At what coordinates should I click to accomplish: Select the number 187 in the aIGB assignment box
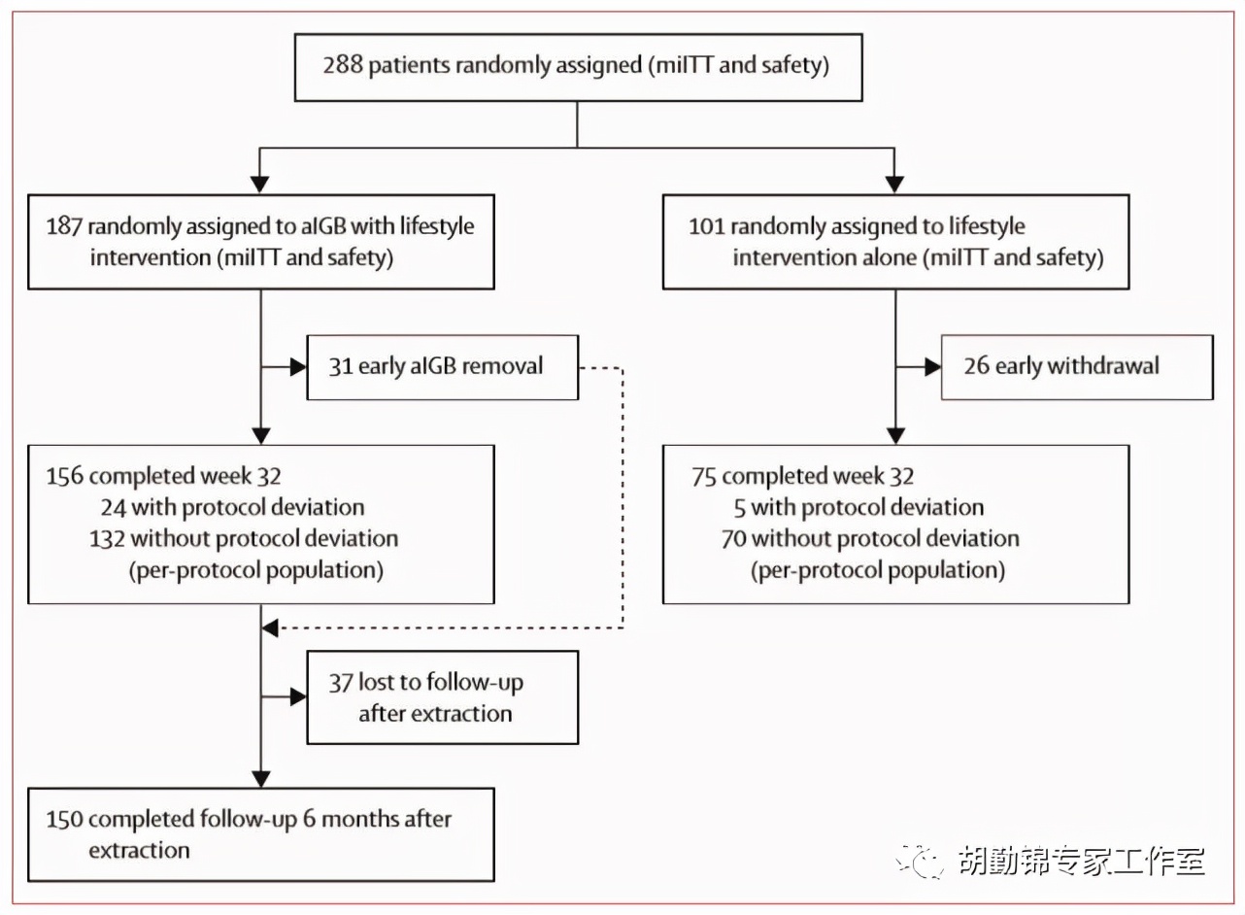point(64,226)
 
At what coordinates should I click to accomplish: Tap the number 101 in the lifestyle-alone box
point(707,226)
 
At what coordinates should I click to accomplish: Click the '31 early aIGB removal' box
point(442,367)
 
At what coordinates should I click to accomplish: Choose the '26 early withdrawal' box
point(1076,367)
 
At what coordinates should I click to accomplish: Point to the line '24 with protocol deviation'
point(231,507)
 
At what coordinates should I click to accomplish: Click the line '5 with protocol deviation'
point(866,507)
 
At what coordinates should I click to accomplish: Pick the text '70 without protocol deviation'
point(869,538)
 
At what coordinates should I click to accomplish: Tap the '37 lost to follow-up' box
point(442,697)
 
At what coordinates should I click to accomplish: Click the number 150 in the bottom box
point(64,819)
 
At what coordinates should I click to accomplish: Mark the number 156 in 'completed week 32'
point(64,476)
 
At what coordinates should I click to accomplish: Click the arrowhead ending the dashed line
point(271,628)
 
